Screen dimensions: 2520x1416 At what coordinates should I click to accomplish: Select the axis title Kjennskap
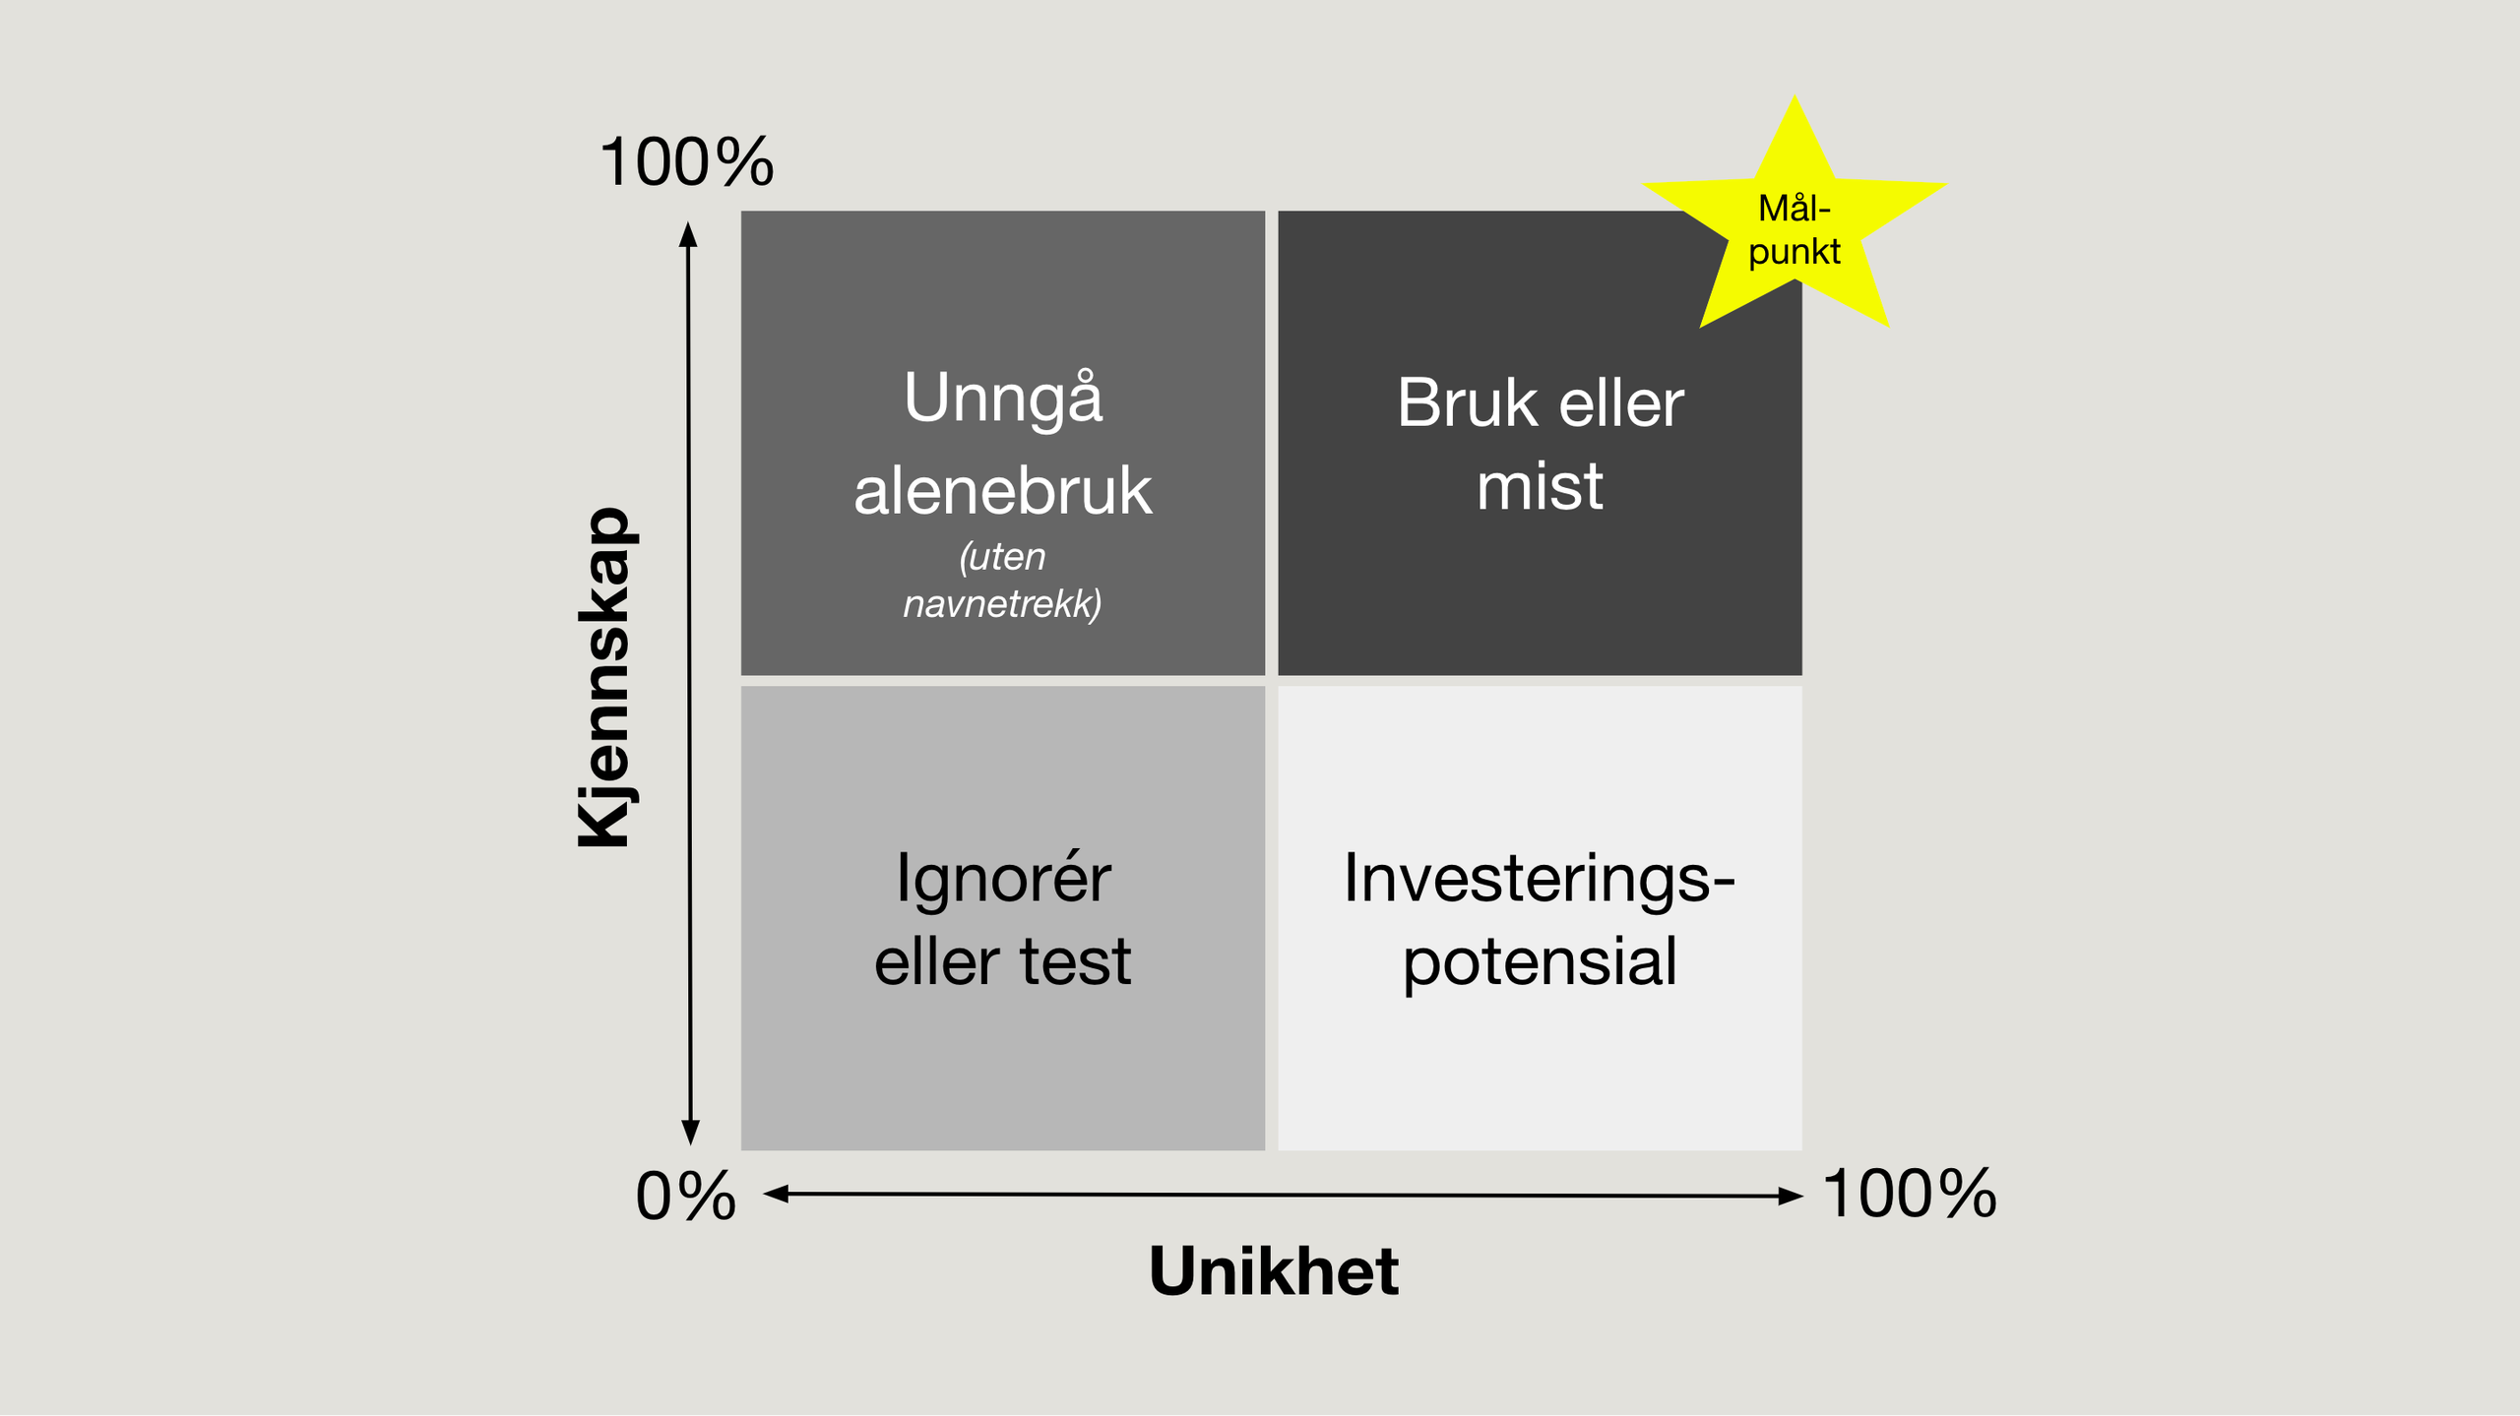click(x=604, y=677)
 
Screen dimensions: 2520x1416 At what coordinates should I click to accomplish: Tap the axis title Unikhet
click(x=1274, y=1271)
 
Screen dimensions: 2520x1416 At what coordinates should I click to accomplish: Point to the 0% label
click(x=685, y=1197)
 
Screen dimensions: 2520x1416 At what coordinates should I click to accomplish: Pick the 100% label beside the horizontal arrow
click(x=1910, y=1194)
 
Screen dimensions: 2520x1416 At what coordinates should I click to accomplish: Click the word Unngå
click(x=1003, y=400)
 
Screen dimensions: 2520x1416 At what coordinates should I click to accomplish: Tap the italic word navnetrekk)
click(x=1002, y=603)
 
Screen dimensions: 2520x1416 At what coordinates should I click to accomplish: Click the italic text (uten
click(x=1002, y=557)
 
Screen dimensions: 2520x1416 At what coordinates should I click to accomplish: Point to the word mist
click(x=1540, y=486)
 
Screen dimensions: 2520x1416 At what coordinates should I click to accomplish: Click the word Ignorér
click(x=1003, y=878)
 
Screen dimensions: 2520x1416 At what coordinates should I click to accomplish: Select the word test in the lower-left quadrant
click(x=1075, y=961)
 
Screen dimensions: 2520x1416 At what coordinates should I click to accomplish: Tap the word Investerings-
click(x=1540, y=878)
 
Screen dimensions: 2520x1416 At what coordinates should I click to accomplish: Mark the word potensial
click(x=1540, y=961)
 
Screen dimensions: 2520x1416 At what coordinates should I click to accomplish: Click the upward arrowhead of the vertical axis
click(x=688, y=233)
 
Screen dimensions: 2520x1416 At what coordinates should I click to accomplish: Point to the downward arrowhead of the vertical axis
click(x=691, y=1133)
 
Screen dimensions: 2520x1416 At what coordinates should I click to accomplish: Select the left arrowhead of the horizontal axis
click(x=776, y=1194)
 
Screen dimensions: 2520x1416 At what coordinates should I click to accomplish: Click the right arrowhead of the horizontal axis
click(x=1792, y=1197)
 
